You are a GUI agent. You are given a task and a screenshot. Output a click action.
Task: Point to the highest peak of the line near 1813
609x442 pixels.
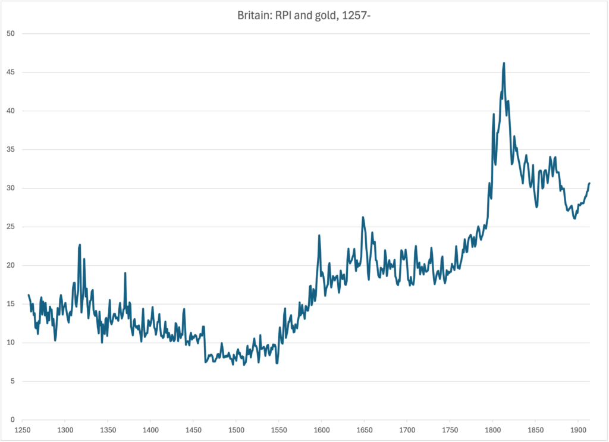[x=504, y=63]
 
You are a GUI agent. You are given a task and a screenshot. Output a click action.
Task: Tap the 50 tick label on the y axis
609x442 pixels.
[x=11, y=34]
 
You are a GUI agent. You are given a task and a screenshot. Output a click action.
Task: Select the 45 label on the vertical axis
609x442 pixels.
[x=11, y=73]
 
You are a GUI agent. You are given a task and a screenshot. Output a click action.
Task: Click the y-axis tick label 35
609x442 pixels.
[x=11, y=150]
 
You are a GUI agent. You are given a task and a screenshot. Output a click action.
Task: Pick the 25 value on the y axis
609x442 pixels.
[x=11, y=227]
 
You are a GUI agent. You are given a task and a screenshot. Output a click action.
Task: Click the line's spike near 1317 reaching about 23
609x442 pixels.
[x=80, y=244]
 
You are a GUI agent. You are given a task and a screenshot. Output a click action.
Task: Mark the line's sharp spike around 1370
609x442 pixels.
[x=125, y=273]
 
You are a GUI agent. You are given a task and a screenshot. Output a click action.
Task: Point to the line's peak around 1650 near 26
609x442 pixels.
[x=363, y=218]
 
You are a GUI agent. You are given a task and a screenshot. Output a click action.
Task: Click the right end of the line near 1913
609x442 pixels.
[x=589, y=183]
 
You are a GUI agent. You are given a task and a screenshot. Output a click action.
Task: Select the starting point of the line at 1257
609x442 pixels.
[x=28, y=295]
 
